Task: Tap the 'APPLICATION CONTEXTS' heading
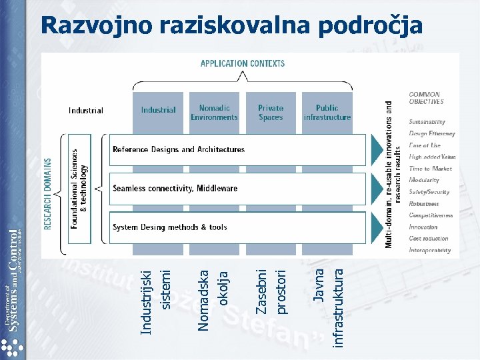[243, 63]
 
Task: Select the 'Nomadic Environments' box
[214, 112]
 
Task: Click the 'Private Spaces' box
[270, 112]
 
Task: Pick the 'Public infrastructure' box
[327, 112]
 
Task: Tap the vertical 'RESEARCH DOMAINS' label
[49, 193]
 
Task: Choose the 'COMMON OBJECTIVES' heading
[426, 98]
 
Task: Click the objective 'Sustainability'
[427, 122]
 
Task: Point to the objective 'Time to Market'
[430, 169]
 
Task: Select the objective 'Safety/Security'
[429, 192]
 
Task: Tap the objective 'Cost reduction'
[428, 239]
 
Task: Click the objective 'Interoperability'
[429, 251]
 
